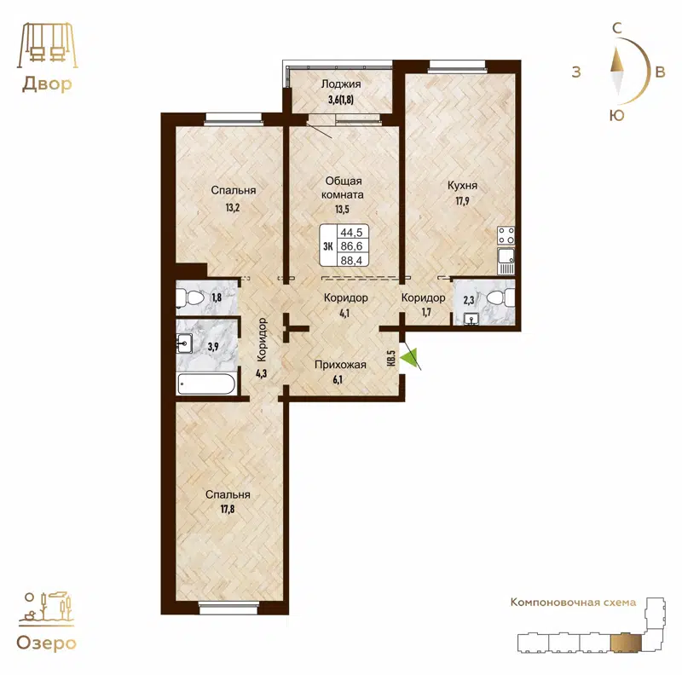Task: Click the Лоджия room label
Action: [x=341, y=84]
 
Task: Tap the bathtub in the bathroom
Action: [x=207, y=384]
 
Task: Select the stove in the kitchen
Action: [x=505, y=234]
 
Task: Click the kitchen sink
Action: [x=505, y=255]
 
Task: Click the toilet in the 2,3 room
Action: [x=504, y=297]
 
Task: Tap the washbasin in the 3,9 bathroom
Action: [x=184, y=344]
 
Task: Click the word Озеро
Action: [x=47, y=643]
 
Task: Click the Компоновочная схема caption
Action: [x=573, y=603]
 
